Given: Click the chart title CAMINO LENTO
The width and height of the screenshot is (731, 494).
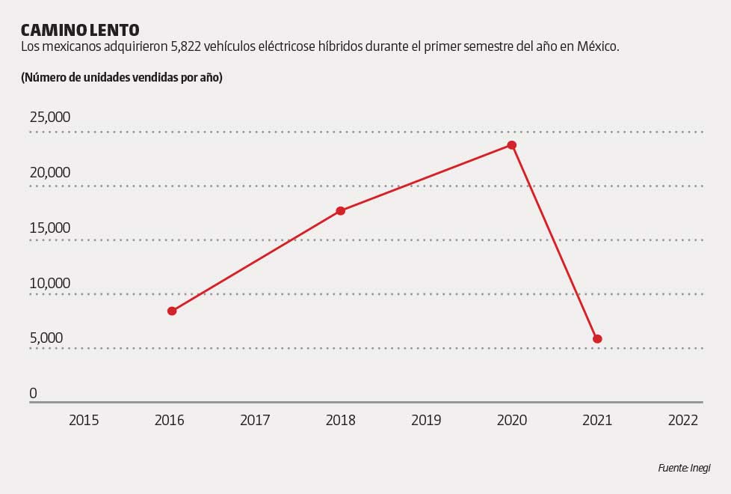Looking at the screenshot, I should point(80,30).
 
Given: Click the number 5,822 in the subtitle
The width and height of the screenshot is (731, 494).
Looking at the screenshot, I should point(188,47).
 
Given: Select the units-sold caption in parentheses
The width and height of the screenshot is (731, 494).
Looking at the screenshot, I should point(122,77).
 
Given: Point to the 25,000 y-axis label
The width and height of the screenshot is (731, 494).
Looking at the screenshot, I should point(50,118).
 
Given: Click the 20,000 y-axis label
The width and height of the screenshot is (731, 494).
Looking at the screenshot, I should point(50,173).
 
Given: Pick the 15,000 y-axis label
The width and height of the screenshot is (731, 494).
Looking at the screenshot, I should point(50,228).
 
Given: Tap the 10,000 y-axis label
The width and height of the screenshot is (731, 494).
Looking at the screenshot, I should point(50,284).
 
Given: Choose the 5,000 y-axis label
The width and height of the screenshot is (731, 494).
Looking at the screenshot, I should point(46,338).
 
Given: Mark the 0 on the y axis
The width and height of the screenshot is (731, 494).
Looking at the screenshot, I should point(33,394).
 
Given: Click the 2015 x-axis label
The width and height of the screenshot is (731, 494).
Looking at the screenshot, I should point(84,421).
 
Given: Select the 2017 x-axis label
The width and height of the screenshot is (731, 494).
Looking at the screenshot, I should point(255,421).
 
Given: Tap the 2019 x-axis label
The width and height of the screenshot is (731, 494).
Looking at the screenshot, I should point(426,421).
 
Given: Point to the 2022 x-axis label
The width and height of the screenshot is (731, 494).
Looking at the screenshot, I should point(683,421).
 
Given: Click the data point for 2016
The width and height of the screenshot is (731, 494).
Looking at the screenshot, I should point(172,311).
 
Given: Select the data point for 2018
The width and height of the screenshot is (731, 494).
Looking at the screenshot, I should point(340,211).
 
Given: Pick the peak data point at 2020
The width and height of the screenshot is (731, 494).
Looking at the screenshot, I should point(512,145).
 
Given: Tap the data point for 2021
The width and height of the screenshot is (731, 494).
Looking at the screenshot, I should point(597,339).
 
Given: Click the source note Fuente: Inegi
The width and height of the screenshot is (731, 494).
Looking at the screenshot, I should point(684,468).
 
